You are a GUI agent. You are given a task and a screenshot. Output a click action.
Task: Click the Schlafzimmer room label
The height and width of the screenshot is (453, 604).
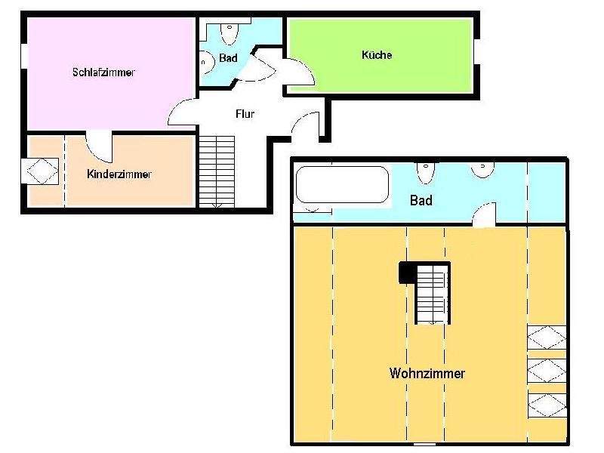point(103,72)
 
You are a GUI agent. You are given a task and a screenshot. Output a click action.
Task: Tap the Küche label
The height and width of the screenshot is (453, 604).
point(377,54)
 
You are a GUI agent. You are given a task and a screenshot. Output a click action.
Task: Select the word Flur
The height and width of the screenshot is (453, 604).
point(245,114)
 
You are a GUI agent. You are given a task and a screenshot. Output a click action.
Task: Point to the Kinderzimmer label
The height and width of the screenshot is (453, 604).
point(119,174)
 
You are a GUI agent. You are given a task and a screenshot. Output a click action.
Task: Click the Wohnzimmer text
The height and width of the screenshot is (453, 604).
point(427,373)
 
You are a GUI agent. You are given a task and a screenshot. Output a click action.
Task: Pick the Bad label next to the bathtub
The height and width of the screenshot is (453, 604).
point(421,200)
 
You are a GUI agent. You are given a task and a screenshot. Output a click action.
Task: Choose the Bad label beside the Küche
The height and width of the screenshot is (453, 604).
point(228,58)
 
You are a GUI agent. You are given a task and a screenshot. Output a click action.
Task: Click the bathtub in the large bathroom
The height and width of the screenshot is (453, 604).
point(342,184)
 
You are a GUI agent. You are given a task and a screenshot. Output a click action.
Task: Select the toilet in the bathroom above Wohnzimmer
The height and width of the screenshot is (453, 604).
point(425,173)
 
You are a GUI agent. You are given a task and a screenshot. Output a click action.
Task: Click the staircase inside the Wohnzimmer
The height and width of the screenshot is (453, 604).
point(433,294)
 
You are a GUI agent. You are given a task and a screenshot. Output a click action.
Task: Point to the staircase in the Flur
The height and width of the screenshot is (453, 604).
point(217,171)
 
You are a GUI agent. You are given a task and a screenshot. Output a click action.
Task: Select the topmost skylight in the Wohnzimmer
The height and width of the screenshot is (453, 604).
point(547,337)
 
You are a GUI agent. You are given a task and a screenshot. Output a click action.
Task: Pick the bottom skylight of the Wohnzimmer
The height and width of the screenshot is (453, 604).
point(547,405)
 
